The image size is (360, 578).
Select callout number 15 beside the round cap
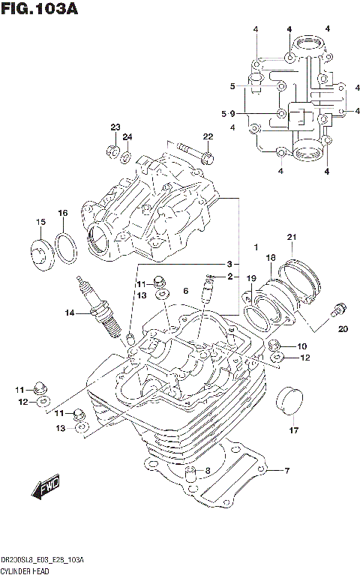tap(40, 221)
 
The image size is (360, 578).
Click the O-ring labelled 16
tap(66, 246)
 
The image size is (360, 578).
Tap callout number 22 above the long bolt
tap(208, 136)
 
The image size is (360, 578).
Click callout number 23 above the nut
tap(115, 126)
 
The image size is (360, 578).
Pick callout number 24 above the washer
tap(127, 136)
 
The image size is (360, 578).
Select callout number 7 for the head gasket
tap(286, 471)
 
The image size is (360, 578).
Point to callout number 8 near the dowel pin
tap(208, 471)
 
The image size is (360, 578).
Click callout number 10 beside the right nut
tap(302, 346)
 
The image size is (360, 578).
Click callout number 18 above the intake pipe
tap(271, 257)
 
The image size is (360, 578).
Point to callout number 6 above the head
tap(184, 290)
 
